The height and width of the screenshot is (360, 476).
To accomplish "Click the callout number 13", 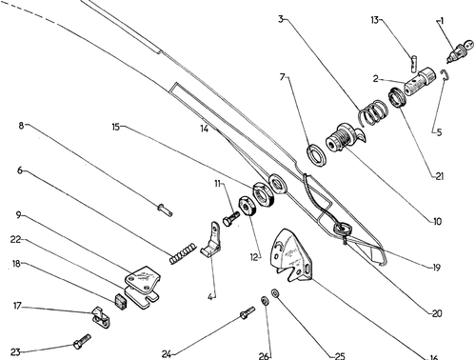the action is point(375,20).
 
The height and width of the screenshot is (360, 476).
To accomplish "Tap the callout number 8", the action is point(21,126).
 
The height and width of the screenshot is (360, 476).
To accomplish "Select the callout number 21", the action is point(440,176).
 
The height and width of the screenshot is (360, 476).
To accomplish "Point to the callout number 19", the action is point(437,268).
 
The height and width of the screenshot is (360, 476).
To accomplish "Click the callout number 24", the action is point(167,354).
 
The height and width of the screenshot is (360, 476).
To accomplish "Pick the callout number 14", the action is point(205,129).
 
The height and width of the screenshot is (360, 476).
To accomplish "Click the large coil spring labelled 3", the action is point(373,112).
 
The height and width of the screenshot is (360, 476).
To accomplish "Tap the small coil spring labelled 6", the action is point(183,253).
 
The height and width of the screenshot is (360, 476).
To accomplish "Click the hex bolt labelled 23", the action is point(82,341).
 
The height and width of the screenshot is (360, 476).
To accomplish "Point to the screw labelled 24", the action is point(248,312).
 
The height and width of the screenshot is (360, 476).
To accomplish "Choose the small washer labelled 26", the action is point(265,300).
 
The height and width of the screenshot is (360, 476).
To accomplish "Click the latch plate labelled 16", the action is point(291,255).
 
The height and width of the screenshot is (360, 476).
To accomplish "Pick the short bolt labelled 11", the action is point(231,218).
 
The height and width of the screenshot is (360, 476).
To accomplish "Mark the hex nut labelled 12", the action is point(247,207).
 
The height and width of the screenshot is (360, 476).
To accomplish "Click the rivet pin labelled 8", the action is point(165,210).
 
